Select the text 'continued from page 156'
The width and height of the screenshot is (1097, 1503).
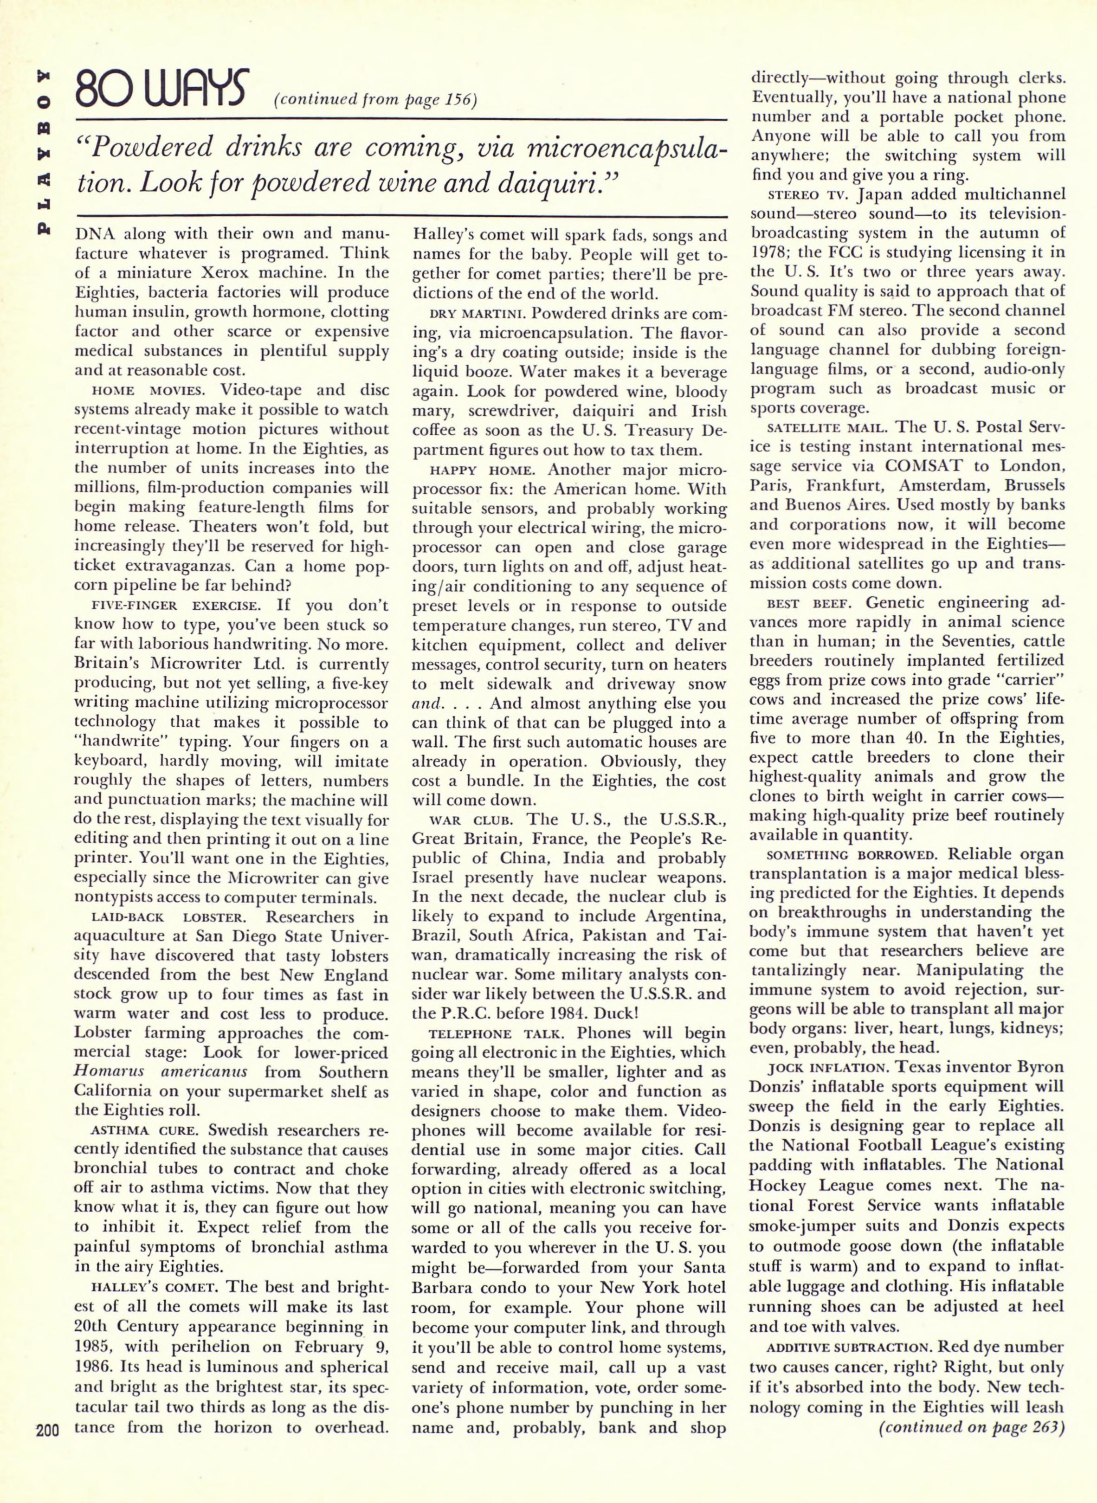(x=375, y=100)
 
